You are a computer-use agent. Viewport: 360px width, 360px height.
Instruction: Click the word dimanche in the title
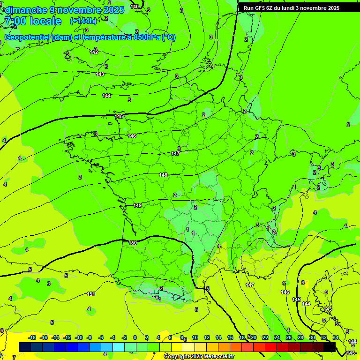point(26,10)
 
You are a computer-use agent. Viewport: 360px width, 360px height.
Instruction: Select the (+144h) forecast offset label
point(83,21)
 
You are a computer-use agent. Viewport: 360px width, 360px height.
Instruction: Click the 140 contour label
point(135,7)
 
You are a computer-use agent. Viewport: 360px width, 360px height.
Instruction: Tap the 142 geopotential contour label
point(94,52)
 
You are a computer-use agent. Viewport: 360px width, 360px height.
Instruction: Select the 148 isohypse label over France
point(163,175)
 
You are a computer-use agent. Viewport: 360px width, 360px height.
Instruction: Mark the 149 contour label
point(137,205)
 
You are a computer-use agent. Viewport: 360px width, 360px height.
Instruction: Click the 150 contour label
point(133,243)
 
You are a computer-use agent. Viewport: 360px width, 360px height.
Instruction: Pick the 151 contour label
point(91,294)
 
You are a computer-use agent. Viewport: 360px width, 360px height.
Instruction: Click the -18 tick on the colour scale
point(32,338)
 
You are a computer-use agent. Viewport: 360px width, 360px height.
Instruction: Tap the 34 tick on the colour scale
point(336,338)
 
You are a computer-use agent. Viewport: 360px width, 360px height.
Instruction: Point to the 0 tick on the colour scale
point(135,338)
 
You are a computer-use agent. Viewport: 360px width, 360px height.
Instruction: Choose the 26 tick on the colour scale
point(288,338)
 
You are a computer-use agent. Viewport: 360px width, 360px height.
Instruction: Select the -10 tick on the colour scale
point(79,338)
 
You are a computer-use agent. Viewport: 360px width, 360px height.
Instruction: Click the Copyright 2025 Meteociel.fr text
point(199,357)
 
